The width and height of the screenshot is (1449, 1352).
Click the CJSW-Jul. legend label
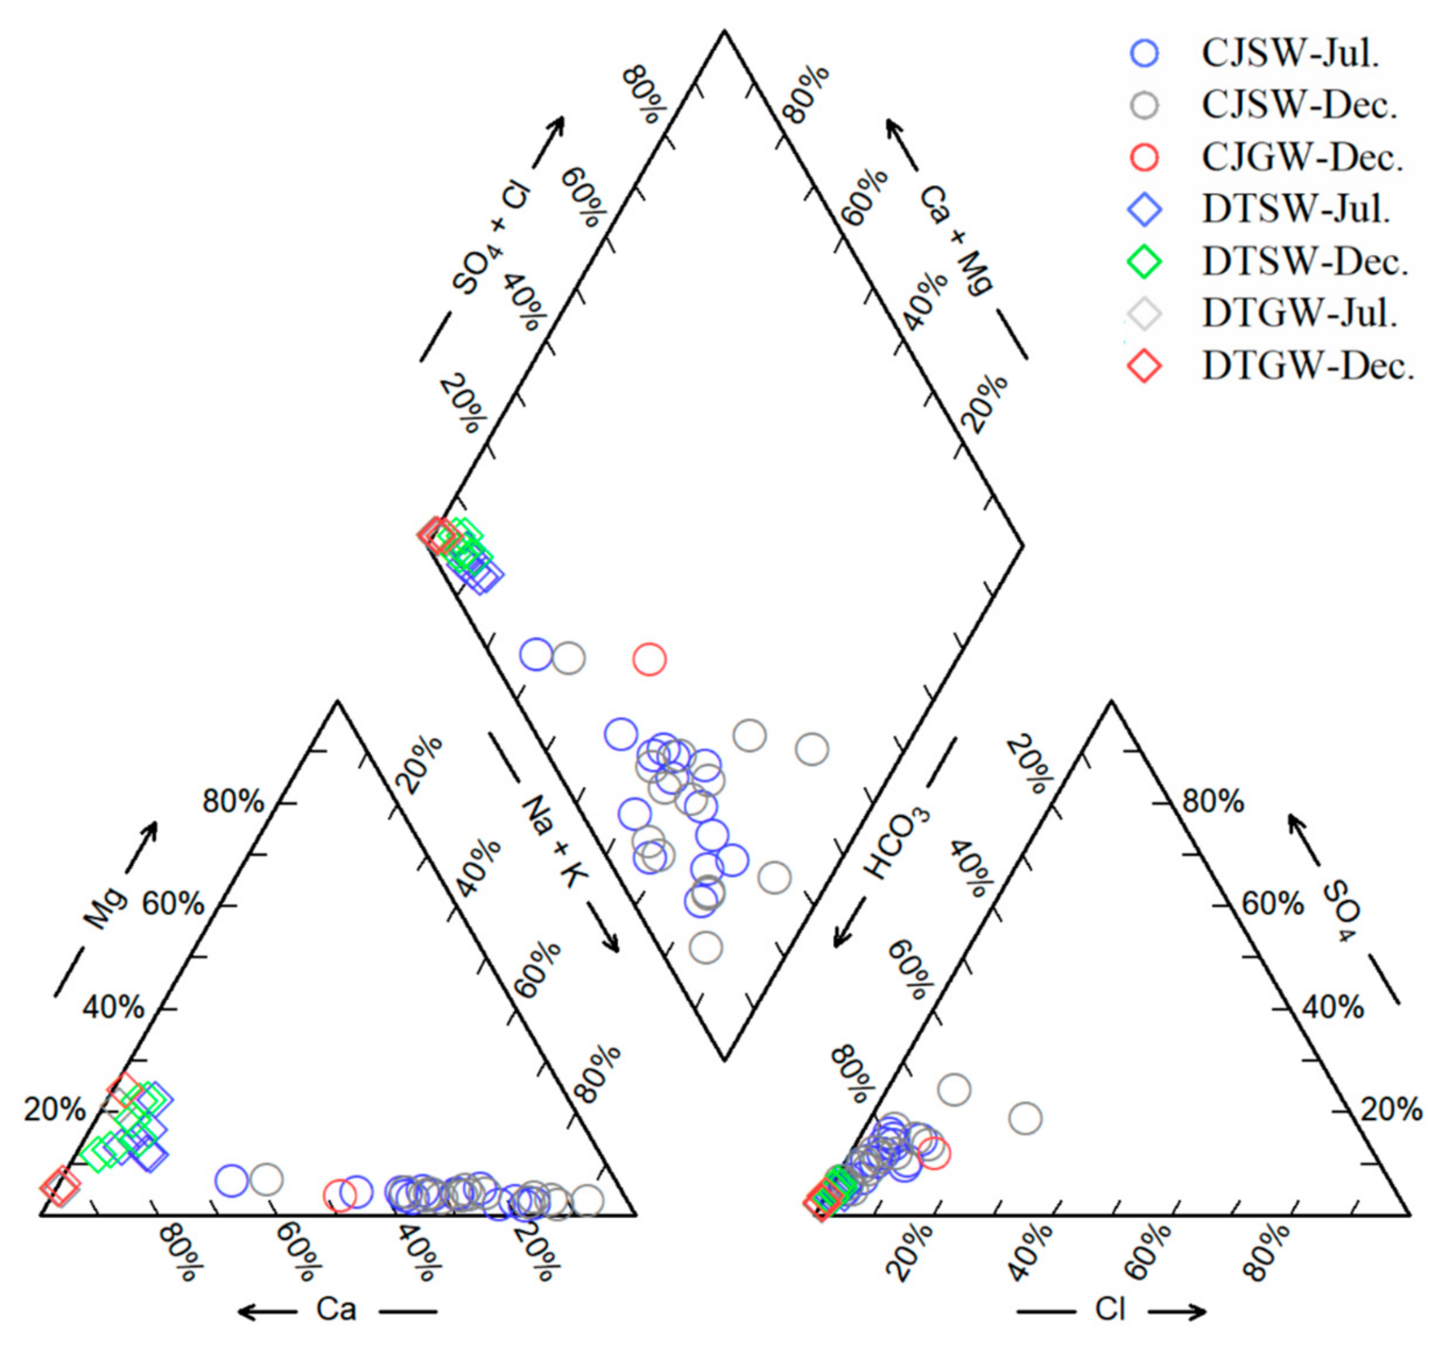(1290, 53)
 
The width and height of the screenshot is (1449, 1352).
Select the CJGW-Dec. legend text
(1302, 157)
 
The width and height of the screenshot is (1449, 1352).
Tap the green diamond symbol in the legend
(1145, 261)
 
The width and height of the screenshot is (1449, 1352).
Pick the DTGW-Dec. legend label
(1308, 366)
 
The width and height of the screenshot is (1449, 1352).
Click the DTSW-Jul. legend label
(1296, 210)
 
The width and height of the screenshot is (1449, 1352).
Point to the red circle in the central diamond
(649, 659)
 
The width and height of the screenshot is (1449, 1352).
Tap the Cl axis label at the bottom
(1110, 1310)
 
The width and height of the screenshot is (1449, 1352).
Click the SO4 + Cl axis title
(491, 240)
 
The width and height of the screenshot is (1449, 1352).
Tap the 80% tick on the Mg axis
(233, 803)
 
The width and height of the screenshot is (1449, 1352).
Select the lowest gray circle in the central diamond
(705, 948)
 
